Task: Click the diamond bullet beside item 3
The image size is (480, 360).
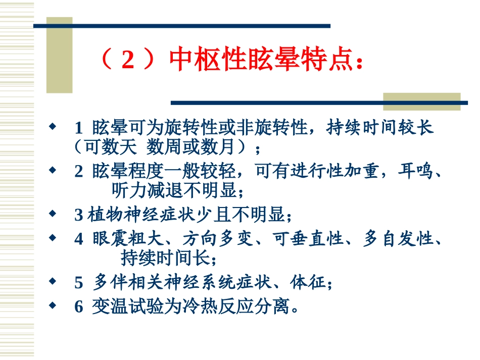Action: [52, 214]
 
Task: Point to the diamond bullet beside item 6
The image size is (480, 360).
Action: [52, 305]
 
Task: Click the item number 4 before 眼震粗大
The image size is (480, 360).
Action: [78, 239]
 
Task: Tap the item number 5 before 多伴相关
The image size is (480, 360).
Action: [78, 283]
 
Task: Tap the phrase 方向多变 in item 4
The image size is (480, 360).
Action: [216, 239]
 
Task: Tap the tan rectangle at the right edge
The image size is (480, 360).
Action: [421, 101]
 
